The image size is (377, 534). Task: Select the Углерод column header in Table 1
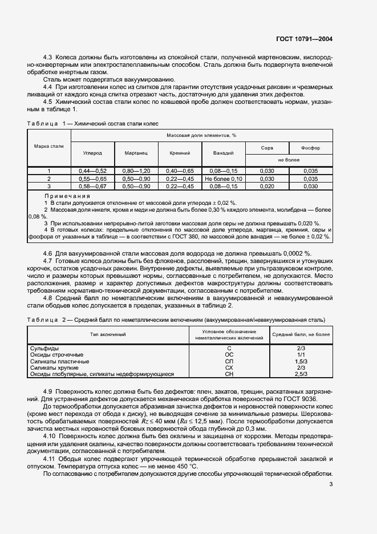pyautogui.click(x=92, y=153)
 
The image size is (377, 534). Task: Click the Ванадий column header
pyautogui.click(x=224, y=153)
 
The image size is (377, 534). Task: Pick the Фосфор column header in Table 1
pyautogui.click(x=310, y=148)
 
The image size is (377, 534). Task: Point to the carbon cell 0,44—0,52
pyautogui.click(x=92, y=171)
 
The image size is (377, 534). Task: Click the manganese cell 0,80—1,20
pyautogui.click(x=136, y=171)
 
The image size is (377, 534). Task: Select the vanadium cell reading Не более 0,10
pyautogui.click(x=224, y=179)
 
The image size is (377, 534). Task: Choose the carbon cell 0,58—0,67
pyautogui.click(x=92, y=186)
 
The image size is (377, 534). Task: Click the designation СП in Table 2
pyautogui.click(x=229, y=361)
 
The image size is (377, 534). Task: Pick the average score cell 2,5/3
pyautogui.click(x=302, y=374)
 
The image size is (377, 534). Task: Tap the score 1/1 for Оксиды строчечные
pyautogui.click(x=302, y=354)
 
